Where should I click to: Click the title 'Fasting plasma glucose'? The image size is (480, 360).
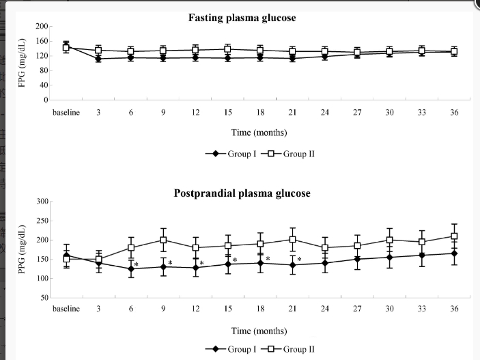(x=242, y=18)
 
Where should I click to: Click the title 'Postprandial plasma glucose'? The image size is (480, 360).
(x=242, y=193)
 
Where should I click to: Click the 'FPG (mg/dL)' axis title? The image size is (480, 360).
(x=22, y=63)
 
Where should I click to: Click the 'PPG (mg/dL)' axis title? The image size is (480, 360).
(x=22, y=249)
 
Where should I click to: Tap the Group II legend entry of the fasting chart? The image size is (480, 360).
(x=288, y=154)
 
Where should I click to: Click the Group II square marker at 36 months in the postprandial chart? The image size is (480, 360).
(x=454, y=236)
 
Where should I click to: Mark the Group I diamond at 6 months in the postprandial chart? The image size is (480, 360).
(x=131, y=268)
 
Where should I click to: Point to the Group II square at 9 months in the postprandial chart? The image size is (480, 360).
(x=164, y=240)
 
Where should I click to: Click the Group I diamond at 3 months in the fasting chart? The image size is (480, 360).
(x=98, y=59)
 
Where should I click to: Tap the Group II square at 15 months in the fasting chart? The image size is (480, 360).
(x=227, y=49)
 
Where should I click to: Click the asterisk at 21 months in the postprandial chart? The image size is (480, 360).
(x=299, y=260)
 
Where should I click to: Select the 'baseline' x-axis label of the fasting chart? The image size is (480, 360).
(x=66, y=112)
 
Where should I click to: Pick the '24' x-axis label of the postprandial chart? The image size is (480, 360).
(x=325, y=309)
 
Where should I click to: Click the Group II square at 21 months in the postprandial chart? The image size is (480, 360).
(x=292, y=239)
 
